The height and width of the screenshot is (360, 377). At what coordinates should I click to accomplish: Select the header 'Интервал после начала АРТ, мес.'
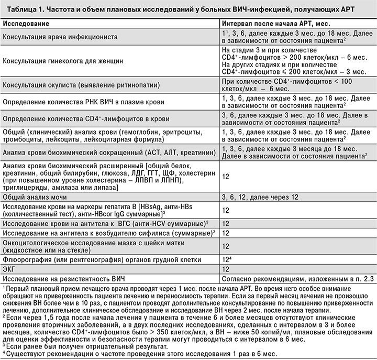click(277, 24)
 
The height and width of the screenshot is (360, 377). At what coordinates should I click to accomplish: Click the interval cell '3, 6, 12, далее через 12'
click(260, 197)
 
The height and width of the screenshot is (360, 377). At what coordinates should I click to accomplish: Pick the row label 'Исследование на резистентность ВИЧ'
click(65, 277)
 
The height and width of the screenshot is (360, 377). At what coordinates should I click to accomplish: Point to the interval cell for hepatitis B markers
click(226, 210)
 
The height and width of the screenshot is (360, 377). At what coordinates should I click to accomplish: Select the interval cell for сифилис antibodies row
click(226, 233)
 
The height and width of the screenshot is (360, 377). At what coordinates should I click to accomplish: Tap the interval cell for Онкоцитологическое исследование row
click(226, 246)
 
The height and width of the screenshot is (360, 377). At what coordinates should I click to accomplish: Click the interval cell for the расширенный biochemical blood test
click(226, 177)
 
